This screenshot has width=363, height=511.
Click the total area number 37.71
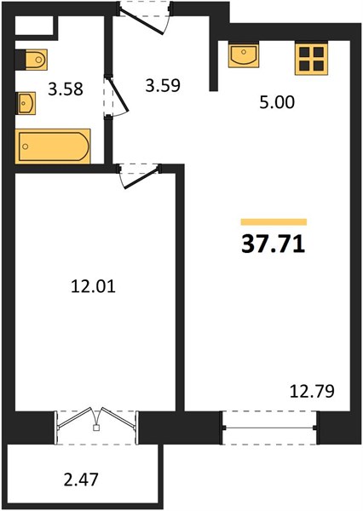tap(274, 244)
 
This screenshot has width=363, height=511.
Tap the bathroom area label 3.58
tap(66, 89)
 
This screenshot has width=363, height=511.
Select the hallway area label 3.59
tap(163, 86)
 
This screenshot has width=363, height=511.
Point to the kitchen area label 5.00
tap(277, 102)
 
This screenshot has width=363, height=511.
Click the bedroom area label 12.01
tap(93, 287)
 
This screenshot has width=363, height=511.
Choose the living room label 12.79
tap(312, 392)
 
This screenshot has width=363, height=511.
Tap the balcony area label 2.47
tap(81, 479)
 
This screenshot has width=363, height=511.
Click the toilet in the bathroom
tap(32, 60)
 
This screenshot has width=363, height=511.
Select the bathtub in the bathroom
tap(53, 146)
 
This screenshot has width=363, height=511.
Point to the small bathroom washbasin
tap(26, 103)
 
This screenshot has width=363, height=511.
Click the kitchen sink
tap(244, 55)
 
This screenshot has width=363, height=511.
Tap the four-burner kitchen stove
tap(312, 59)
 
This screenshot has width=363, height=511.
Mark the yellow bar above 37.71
tap(274, 222)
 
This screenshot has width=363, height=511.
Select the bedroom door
tap(141, 178)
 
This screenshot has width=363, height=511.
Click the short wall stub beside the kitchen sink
tap(214, 66)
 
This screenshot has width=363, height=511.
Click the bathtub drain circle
tap(26, 146)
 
